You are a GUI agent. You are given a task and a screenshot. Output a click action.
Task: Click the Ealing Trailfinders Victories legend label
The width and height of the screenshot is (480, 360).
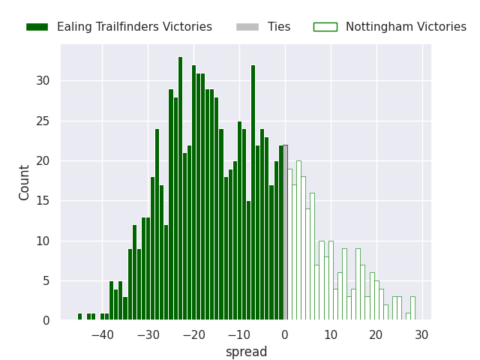pos(134,27)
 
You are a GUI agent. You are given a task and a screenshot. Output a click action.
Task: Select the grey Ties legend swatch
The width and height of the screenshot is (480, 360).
pos(247,27)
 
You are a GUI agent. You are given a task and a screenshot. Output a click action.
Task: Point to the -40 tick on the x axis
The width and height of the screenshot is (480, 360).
pos(103,334)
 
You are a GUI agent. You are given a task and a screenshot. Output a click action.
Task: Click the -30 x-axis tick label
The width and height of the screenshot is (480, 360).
pos(148,334)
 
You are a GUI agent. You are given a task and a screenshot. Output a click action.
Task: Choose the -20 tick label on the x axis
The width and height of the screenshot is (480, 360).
pos(193,334)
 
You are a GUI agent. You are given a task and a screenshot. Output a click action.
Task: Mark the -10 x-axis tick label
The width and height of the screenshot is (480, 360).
pos(239,334)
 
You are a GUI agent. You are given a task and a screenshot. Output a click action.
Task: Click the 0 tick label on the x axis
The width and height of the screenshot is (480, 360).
pos(285,334)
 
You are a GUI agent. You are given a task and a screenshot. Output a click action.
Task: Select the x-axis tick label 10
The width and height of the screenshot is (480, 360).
pos(331,334)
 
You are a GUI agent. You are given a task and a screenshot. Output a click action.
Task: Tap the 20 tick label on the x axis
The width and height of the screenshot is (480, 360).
pos(376,334)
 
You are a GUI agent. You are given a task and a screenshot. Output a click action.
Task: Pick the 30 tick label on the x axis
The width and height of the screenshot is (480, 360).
pos(422,334)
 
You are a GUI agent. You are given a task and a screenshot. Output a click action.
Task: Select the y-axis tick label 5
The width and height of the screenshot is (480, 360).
pos(46,281)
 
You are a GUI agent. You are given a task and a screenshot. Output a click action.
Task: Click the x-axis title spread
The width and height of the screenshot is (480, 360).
pos(246,352)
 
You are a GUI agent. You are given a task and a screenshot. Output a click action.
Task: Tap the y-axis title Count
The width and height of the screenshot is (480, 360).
pos(25,182)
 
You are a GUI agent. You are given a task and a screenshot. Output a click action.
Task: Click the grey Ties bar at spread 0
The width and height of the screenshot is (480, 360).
pos(285,232)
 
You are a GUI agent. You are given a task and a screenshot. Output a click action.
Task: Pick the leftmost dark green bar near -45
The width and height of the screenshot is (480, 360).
pos(79,317)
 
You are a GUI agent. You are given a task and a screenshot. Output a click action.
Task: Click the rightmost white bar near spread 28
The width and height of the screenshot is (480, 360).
pos(412,309)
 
